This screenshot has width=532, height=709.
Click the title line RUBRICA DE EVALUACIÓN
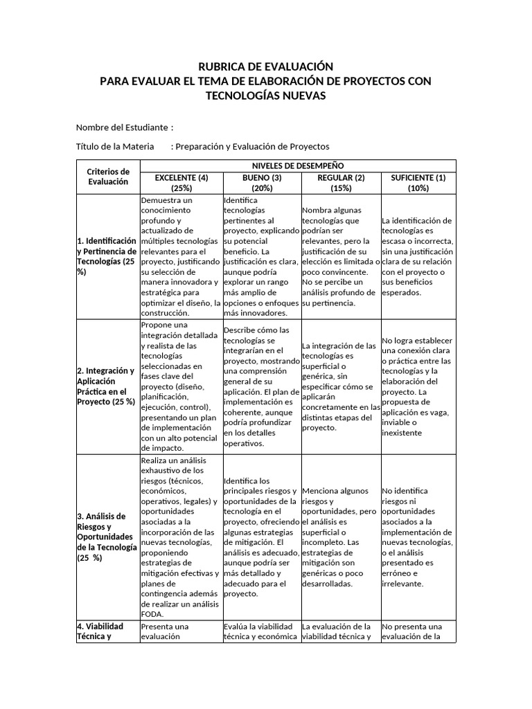pyautogui.click(x=266, y=66)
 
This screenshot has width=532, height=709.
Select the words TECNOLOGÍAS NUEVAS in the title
pyautogui.click(x=266, y=96)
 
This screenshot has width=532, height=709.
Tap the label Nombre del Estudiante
pyautogui.click(x=122, y=127)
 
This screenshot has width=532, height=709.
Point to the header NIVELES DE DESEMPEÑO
pyautogui.click(x=298, y=166)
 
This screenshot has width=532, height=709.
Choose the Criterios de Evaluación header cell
pyautogui.click(x=108, y=177)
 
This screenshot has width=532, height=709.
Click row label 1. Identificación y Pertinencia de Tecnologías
pyautogui.click(x=107, y=256)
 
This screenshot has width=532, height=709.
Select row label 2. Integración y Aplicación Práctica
pyautogui.click(x=107, y=386)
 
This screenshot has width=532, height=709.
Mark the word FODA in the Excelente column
pyautogui.click(x=152, y=613)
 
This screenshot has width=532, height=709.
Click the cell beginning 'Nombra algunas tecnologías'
pyautogui.click(x=341, y=256)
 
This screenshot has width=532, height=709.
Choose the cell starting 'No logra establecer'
pyautogui.click(x=418, y=386)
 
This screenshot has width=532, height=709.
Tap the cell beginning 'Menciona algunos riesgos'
pyautogui.click(x=341, y=537)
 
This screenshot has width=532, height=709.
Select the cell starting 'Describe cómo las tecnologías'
pyautogui.click(x=262, y=386)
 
